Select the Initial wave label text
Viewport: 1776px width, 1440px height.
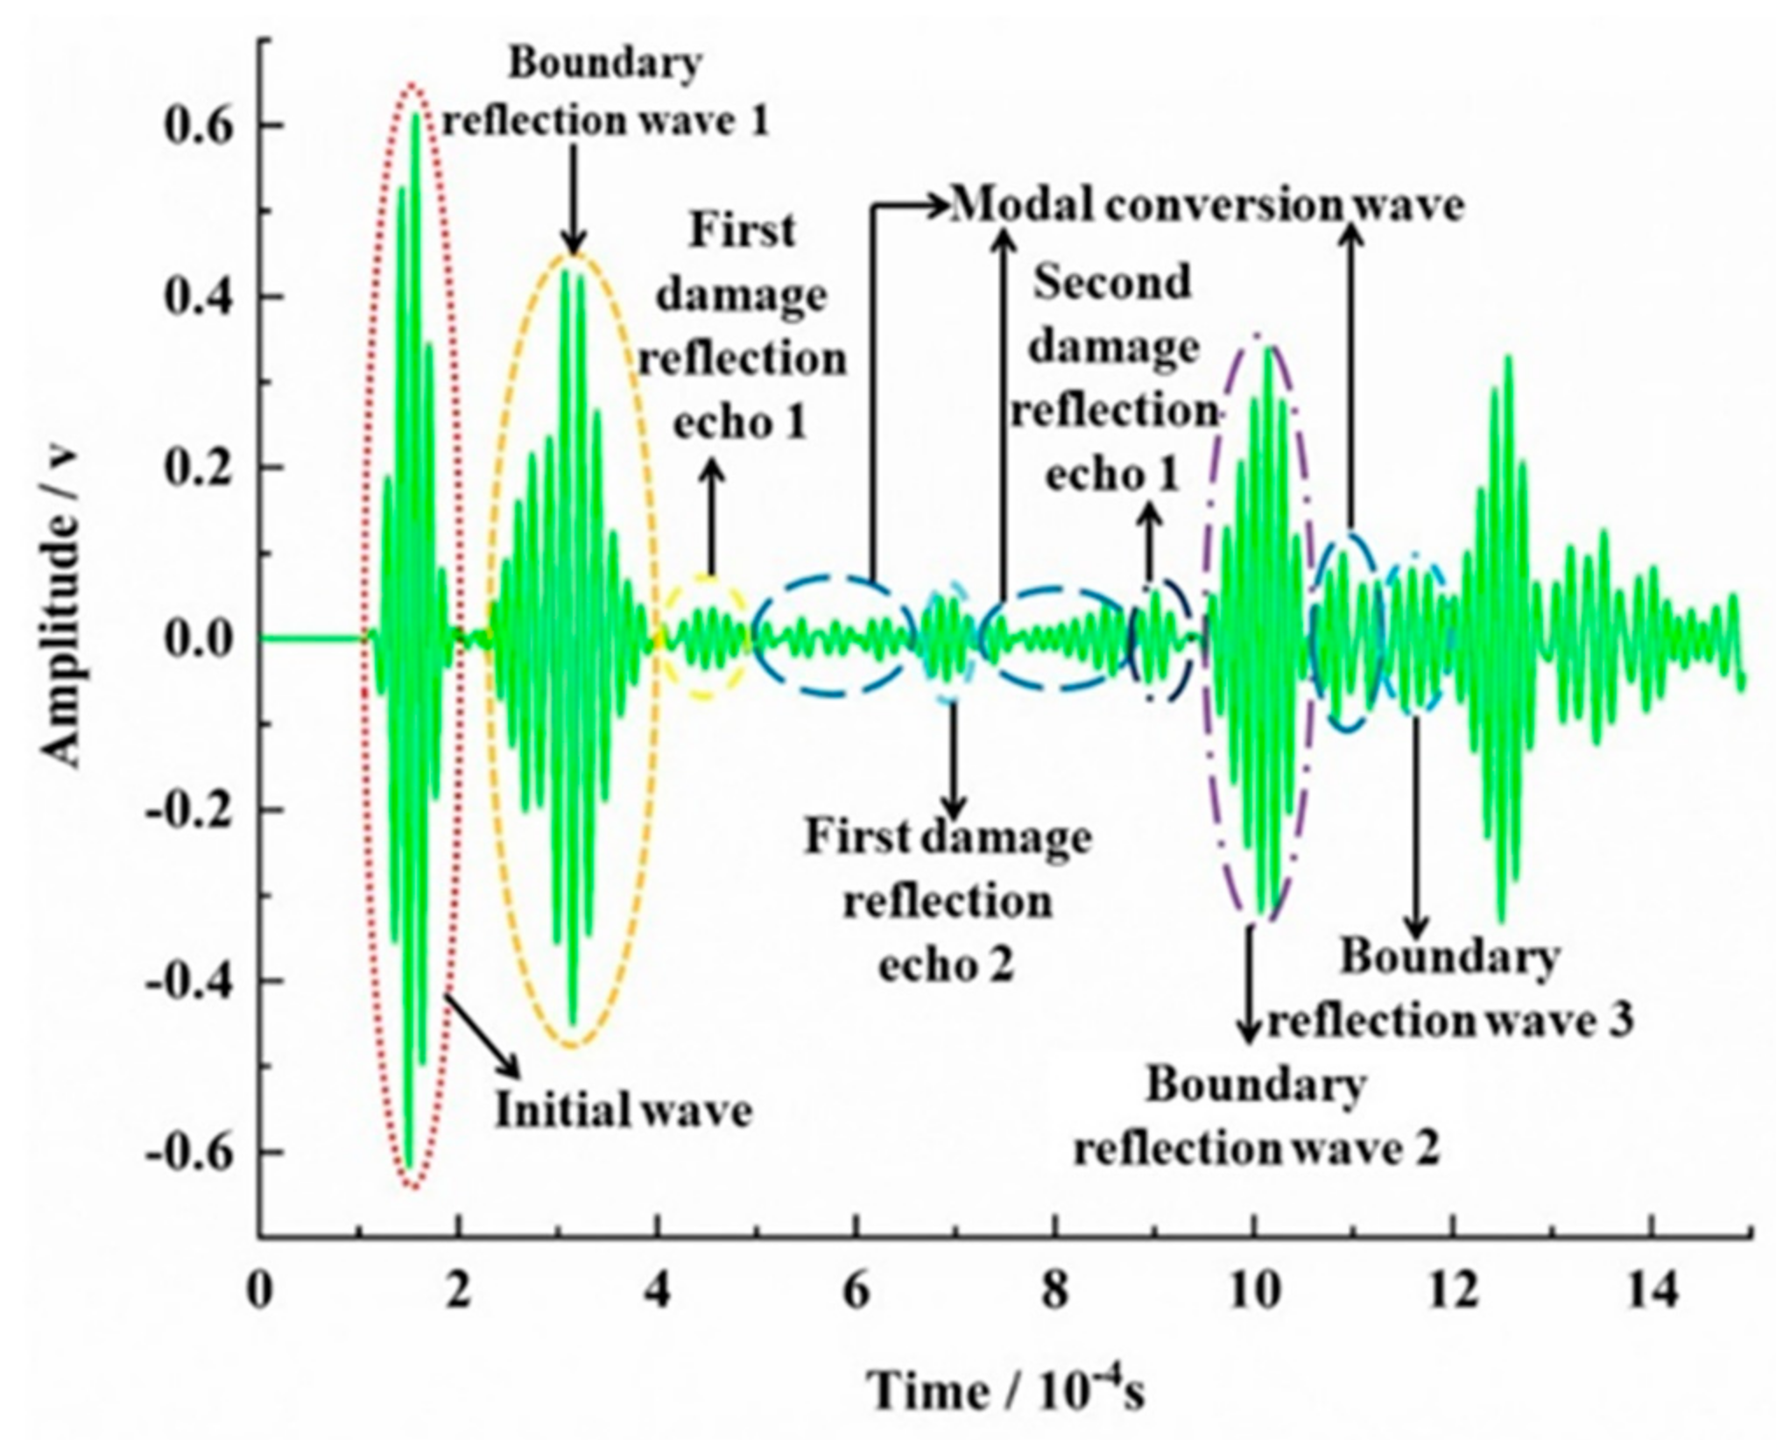pyautogui.click(x=624, y=1111)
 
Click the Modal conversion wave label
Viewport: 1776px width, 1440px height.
pyautogui.click(x=1207, y=206)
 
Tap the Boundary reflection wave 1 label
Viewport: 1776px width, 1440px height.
pyautogui.click(x=606, y=93)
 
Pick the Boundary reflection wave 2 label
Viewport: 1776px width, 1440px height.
pyautogui.click(x=1257, y=1117)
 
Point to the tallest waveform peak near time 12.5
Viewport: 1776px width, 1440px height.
pyautogui.click(x=1508, y=357)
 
